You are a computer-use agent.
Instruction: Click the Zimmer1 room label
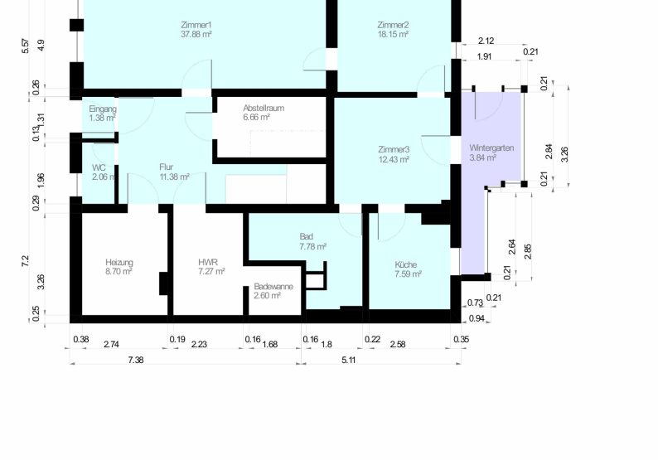(196, 25)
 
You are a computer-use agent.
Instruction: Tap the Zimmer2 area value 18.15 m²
(392, 35)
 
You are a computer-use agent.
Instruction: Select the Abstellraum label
(263, 109)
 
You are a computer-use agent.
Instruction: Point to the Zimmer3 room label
(394, 150)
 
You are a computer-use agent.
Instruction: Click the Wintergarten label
(491, 148)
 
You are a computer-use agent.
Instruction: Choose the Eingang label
(103, 109)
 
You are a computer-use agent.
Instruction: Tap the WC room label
(99, 167)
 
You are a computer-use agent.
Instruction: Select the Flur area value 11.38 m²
(174, 177)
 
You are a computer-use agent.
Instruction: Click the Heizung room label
(119, 263)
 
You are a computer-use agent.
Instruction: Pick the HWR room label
(207, 263)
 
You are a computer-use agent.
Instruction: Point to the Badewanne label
(273, 287)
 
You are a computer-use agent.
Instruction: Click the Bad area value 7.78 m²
(312, 247)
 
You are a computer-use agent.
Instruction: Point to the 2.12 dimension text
(486, 41)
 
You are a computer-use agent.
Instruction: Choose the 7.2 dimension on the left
(25, 259)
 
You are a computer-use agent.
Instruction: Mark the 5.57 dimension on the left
(25, 46)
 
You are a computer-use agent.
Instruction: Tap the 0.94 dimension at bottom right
(477, 319)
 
